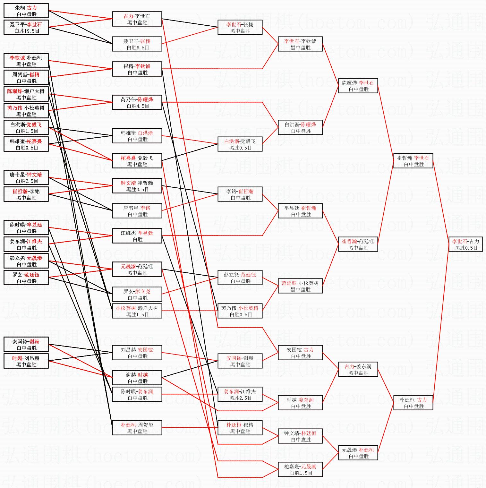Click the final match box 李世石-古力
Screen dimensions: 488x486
point(465,244)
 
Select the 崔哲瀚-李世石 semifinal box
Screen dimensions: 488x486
point(413,161)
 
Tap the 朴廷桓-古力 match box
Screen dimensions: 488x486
point(413,403)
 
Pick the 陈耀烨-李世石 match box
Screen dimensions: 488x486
point(358,86)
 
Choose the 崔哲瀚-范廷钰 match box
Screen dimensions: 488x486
point(358,244)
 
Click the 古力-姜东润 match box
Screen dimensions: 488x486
point(358,370)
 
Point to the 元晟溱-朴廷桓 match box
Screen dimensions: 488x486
point(358,453)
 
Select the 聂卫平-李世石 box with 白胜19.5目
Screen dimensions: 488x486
point(26,28)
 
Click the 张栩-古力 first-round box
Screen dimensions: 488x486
point(26,11)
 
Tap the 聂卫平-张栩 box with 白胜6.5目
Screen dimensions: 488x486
point(137,44)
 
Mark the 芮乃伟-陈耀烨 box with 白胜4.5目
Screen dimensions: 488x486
point(137,103)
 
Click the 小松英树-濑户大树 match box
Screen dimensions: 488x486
point(137,311)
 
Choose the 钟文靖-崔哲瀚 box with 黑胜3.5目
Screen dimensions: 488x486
point(137,186)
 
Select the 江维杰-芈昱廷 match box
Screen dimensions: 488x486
point(137,236)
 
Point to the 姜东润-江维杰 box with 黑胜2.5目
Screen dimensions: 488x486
point(240,395)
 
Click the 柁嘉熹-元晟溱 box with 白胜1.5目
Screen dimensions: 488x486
point(300,470)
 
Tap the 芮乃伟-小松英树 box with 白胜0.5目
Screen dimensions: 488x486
point(240,311)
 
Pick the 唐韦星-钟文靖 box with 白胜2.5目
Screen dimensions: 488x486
point(26,178)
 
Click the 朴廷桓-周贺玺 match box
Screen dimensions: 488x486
point(137,428)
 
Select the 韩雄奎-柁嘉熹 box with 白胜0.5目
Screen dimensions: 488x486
point(26,144)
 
